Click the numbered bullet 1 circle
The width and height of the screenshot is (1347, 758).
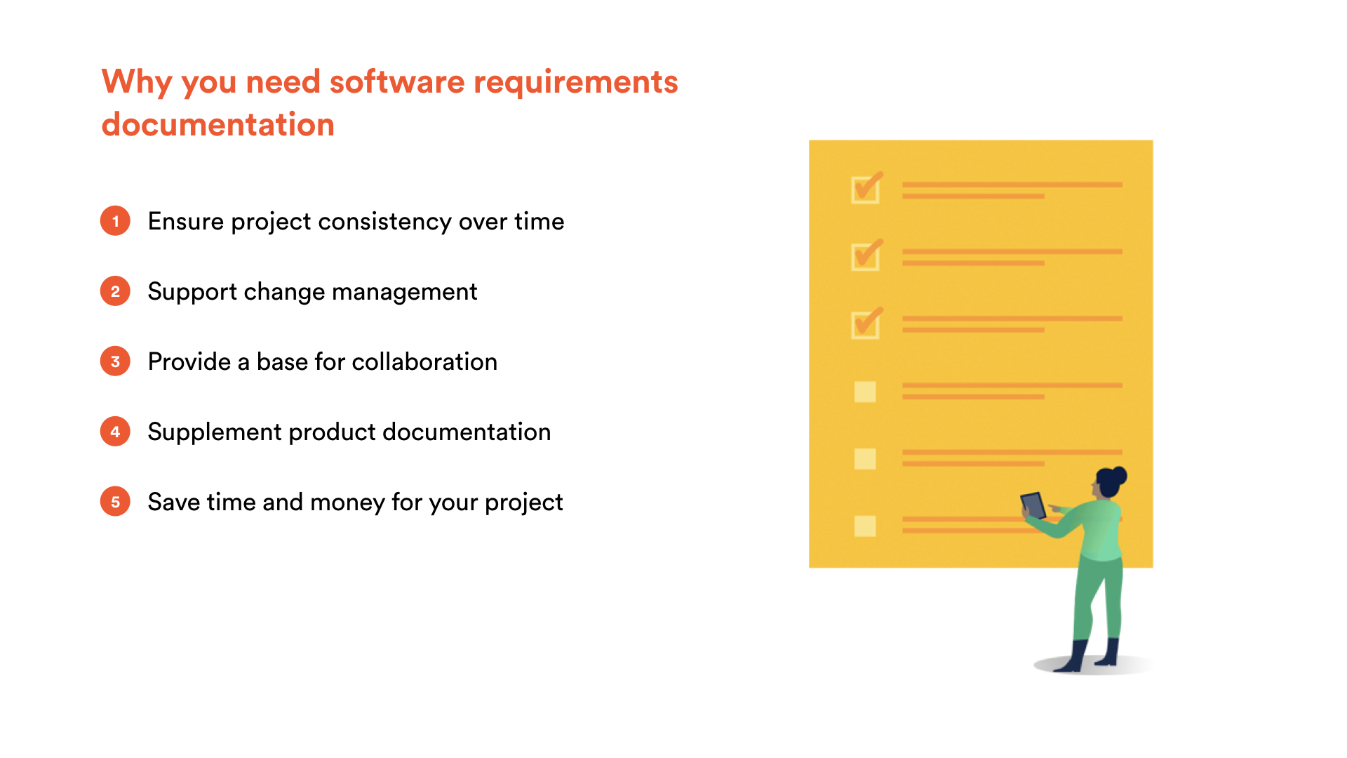115,221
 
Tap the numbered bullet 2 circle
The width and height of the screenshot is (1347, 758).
115,291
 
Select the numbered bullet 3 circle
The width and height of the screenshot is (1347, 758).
115,361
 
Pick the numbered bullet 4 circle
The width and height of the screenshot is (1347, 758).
115,432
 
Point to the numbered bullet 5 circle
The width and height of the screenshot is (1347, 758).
115,502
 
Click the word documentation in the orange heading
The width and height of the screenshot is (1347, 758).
218,124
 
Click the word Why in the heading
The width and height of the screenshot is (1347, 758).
137,83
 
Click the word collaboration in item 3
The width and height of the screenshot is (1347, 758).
424,361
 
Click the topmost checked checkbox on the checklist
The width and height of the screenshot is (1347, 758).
866,188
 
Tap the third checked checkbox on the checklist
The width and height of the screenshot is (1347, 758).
866,324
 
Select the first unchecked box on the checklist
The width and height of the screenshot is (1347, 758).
865,392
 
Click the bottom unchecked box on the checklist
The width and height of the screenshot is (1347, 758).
865,526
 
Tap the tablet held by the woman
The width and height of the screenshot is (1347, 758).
1033,505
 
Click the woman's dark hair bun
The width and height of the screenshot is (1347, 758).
1119,475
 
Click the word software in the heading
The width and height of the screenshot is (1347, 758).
397,81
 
